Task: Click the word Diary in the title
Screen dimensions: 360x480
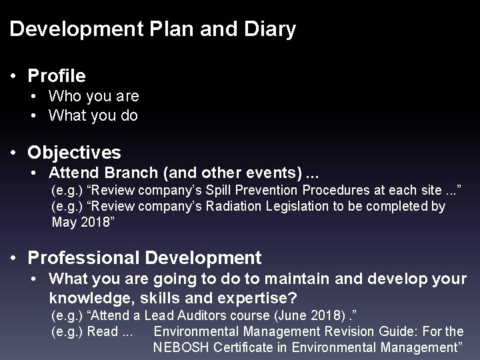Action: click(271, 29)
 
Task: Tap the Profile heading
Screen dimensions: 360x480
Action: click(57, 76)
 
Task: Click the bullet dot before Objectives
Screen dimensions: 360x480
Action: click(15, 153)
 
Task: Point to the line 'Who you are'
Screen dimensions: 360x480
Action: click(94, 96)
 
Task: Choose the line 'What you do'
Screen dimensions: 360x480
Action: click(93, 115)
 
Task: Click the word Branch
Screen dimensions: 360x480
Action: click(127, 173)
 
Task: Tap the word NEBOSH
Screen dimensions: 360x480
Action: click(180, 347)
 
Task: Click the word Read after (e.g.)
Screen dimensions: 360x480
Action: click(103, 330)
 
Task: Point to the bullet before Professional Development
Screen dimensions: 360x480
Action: click(15, 257)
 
